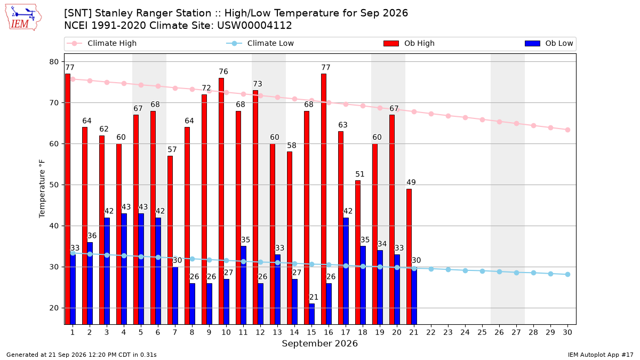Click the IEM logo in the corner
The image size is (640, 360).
point(23,18)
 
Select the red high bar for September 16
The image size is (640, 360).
point(324,199)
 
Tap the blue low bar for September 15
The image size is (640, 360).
point(311,314)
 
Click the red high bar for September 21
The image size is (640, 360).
point(409,257)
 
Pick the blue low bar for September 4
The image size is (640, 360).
point(124,269)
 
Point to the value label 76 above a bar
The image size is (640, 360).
point(223,71)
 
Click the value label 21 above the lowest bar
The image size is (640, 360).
point(314,297)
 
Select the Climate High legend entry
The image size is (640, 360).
point(102,43)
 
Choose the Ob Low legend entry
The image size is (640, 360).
point(549,43)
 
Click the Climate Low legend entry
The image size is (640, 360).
point(260,43)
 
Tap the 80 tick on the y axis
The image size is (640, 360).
point(54,62)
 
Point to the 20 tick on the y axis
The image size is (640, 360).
point(54,308)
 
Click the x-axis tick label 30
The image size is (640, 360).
point(567,332)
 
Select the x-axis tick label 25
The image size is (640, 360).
point(482,332)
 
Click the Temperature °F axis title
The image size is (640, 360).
point(42,189)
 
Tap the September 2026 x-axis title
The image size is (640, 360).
point(319,343)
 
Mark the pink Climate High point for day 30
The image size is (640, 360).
point(567,130)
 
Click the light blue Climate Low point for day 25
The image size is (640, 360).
point(482,271)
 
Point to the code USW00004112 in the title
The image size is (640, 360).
point(254,26)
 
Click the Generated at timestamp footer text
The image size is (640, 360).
point(82,355)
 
